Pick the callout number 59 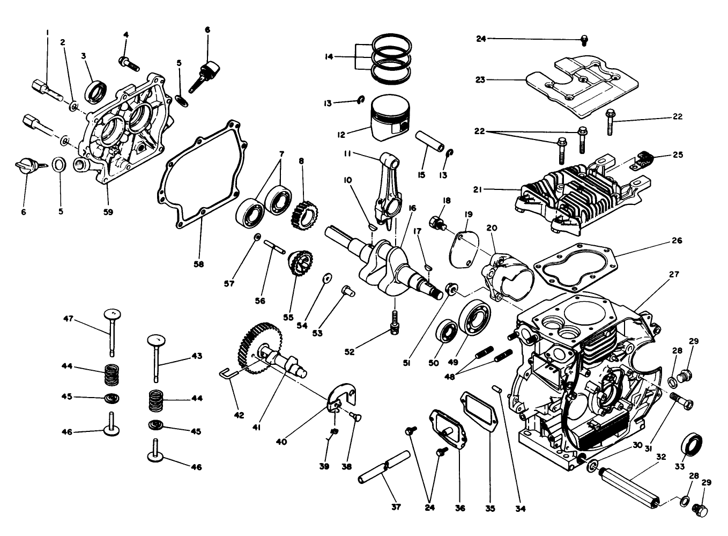pyautogui.click(x=108, y=211)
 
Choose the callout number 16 pyautogui.click(x=412, y=208)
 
